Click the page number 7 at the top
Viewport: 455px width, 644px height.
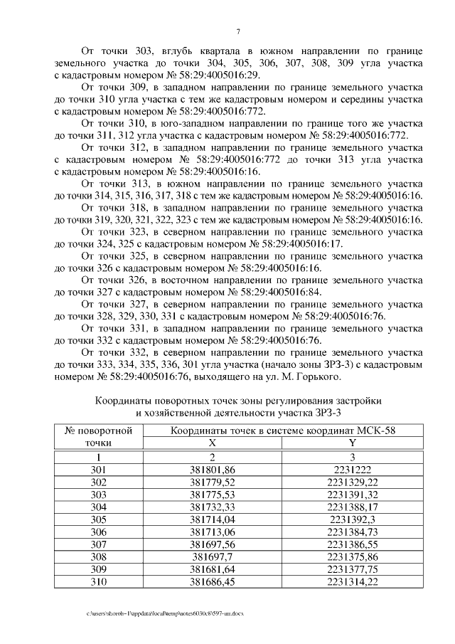point(237,31)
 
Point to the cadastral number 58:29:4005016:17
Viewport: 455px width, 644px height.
point(298,243)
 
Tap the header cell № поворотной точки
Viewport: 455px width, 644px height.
point(99,436)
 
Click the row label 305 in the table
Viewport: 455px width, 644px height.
point(99,519)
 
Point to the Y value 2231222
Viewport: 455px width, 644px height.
point(352,470)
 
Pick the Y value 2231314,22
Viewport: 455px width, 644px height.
point(352,581)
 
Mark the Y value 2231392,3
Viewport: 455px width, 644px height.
point(352,519)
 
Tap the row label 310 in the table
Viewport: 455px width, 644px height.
point(99,581)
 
